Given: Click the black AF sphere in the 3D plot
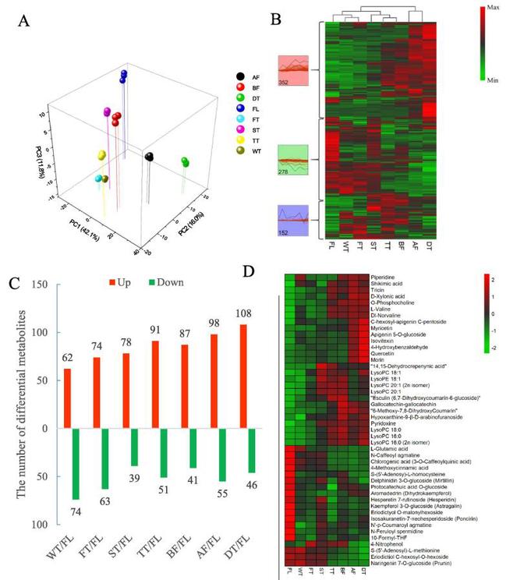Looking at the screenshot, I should click(x=149, y=157).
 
